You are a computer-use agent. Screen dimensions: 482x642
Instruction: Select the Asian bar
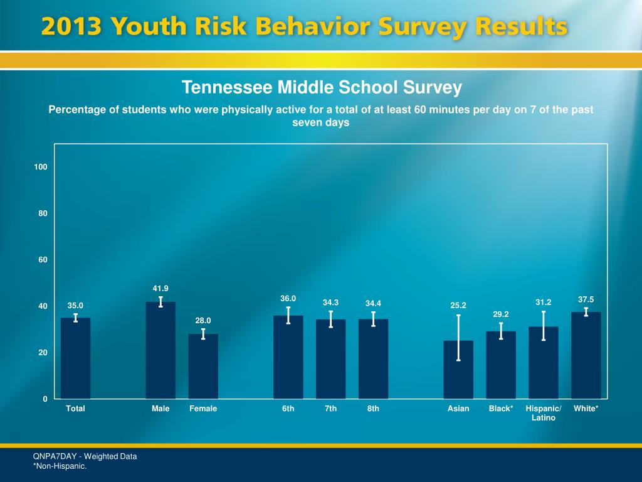(x=458, y=373)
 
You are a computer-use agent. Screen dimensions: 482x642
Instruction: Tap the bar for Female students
(x=203, y=367)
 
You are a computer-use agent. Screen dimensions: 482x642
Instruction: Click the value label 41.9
(x=160, y=288)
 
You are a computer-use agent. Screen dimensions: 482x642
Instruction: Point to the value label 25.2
(x=458, y=306)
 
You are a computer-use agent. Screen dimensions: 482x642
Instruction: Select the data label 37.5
(x=586, y=299)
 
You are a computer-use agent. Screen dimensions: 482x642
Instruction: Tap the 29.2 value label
(x=501, y=314)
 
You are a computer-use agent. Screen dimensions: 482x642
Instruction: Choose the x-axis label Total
(x=75, y=409)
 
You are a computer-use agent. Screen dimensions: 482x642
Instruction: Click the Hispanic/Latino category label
(x=544, y=413)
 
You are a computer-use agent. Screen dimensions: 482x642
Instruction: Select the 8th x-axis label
(x=373, y=409)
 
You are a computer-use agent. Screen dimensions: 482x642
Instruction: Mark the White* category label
(x=586, y=409)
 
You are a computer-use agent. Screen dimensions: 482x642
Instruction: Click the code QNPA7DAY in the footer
(x=57, y=456)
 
